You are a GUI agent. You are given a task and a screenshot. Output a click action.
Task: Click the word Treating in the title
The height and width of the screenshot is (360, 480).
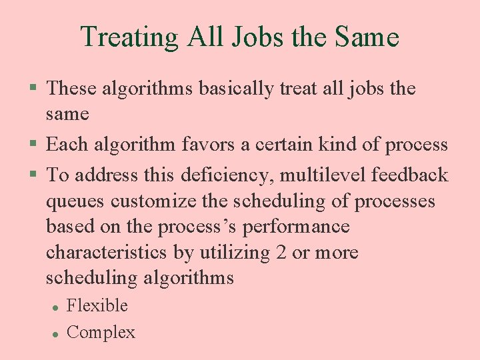(129, 37)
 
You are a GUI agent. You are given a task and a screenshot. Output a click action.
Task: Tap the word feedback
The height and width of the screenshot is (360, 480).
(410, 175)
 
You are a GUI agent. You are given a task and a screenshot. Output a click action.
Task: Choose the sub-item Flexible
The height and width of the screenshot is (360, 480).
(97, 305)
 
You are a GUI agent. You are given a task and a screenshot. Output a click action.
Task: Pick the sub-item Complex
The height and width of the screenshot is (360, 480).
(101, 332)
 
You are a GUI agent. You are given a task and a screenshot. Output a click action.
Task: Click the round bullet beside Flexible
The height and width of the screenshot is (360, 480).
(54, 307)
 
